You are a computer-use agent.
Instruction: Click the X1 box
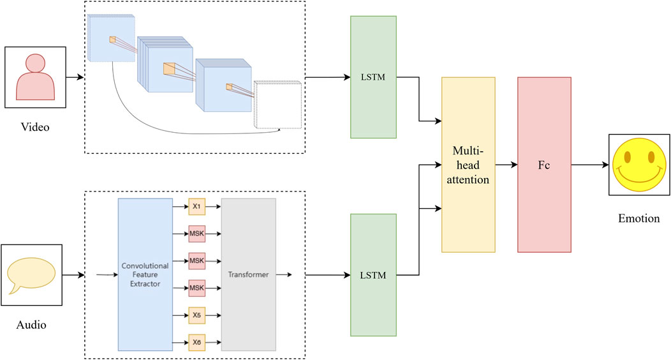coord(196,206)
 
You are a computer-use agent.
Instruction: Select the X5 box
coord(196,315)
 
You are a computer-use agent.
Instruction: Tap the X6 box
coord(196,342)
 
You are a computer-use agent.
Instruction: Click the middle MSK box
coord(196,260)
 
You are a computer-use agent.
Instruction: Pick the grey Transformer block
coord(248,274)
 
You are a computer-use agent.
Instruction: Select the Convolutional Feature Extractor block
coord(145,274)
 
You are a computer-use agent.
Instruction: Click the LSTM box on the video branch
coord(373,77)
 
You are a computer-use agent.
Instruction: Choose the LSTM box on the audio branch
coord(373,275)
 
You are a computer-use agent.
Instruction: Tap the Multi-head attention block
coord(468,165)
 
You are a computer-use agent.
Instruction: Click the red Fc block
coord(544,165)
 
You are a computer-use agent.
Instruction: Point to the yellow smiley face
coord(639,165)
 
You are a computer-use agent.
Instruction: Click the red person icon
coord(35,77)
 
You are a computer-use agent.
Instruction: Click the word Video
coord(35,127)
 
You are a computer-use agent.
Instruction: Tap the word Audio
coord(31,325)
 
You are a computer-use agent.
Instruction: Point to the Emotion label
coord(639,218)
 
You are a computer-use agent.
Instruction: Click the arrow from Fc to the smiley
coord(590,165)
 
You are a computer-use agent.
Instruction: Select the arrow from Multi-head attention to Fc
coord(506,165)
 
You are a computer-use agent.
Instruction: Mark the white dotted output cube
coord(277,105)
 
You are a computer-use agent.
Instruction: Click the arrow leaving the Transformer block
coord(284,274)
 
